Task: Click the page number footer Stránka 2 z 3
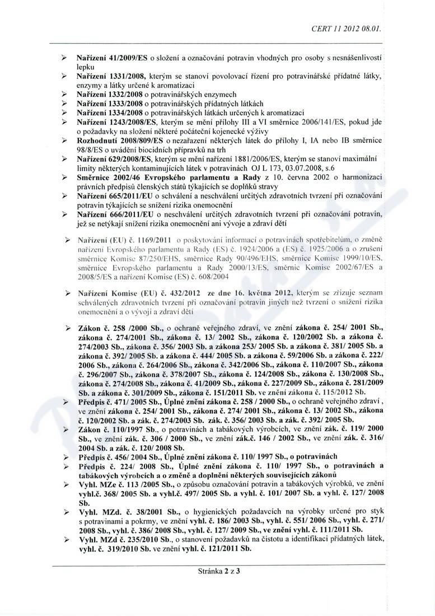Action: [x=218, y=572]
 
